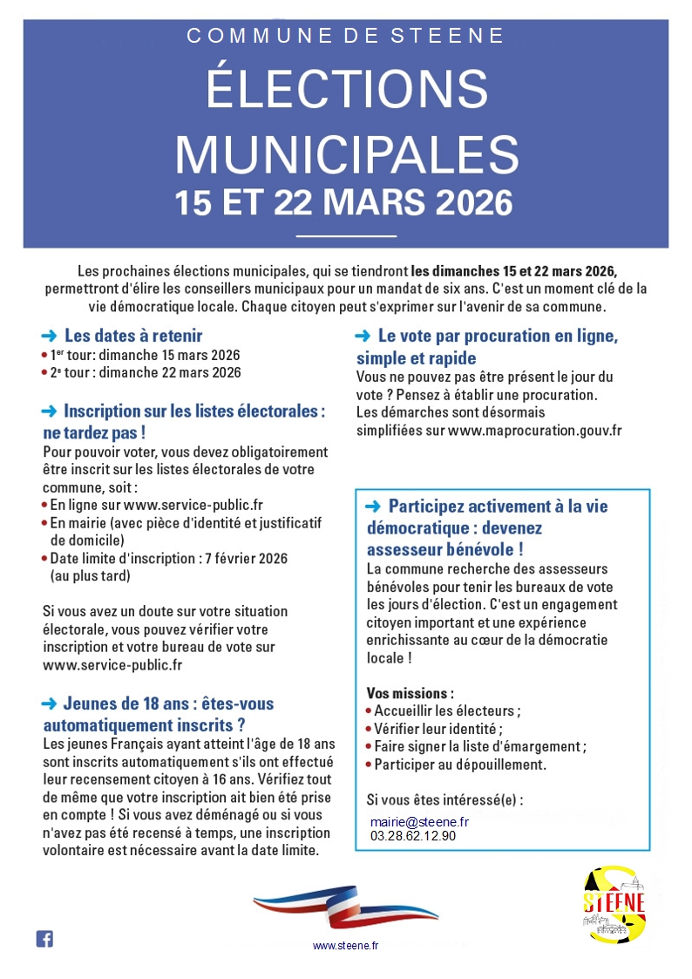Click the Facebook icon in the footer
(44, 939)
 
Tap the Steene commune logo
(614, 903)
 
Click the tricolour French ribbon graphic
(346, 905)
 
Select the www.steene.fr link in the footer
(346, 945)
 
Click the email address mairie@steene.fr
(419, 821)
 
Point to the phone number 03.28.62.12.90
(412, 835)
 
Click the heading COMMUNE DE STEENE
(346, 36)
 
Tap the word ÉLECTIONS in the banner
(346, 90)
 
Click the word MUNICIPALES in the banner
(346, 153)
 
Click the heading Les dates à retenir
(133, 336)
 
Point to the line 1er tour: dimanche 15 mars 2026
(145, 355)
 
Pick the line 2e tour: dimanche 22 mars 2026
(145, 372)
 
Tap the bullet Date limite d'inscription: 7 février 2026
(168, 558)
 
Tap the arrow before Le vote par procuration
(363, 337)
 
